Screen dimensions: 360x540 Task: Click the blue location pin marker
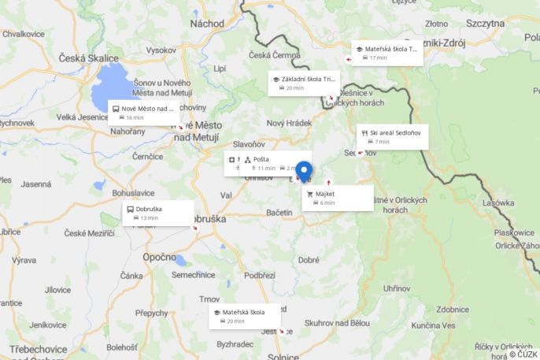click(303, 172)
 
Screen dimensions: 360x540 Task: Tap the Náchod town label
click(207, 24)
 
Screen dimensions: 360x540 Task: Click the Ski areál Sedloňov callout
click(392, 136)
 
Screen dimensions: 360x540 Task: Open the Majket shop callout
click(337, 198)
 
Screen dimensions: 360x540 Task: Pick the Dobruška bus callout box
click(157, 213)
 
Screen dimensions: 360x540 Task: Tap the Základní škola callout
click(304, 83)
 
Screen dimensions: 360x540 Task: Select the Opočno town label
click(159, 257)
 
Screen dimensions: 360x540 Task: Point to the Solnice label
click(283, 356)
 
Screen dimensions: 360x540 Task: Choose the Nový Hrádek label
click(289, 123)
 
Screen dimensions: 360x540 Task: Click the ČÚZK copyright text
click(523, 354)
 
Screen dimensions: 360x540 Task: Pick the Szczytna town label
click(484, 24)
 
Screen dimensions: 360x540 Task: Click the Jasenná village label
click(36, 184)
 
